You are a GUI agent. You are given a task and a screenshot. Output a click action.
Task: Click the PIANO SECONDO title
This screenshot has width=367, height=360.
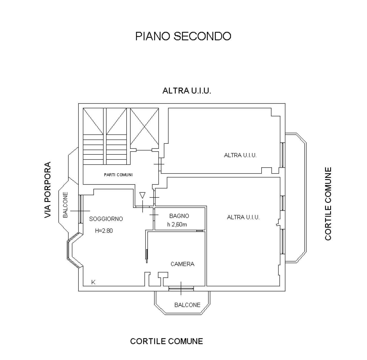coord(183,36)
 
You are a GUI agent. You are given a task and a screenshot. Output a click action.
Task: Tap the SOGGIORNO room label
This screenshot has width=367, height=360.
coord(106,219)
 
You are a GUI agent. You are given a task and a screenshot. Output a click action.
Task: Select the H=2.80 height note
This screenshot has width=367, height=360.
coord(104,231)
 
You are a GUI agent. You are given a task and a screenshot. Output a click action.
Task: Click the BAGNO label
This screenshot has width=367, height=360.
coord(179,216)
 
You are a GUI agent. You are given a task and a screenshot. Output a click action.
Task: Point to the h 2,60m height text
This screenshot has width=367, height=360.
coord(177,224)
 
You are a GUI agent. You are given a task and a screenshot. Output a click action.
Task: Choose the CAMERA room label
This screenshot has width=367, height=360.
coord(183,264)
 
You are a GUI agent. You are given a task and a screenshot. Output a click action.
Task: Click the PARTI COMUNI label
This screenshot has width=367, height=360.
coord(118,175)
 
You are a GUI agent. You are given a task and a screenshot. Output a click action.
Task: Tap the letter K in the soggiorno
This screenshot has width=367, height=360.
coord(93,282)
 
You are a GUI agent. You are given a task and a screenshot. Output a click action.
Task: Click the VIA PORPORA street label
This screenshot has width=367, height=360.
coord(48,190)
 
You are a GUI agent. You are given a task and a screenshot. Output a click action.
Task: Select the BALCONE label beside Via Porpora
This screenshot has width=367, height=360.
coord(66,205)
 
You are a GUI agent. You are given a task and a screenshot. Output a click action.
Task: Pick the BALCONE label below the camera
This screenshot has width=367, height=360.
coord(187,305)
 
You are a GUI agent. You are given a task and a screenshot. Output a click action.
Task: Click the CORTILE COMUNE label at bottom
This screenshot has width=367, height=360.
coord(166,341)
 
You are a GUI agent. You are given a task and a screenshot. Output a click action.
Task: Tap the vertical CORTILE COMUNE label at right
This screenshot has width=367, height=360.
coord(328,204)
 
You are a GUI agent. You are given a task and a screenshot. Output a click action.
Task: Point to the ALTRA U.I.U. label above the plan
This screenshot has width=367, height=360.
coord(187,91)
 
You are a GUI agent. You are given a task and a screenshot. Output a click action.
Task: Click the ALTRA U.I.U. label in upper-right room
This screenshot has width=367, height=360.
coord(240,155)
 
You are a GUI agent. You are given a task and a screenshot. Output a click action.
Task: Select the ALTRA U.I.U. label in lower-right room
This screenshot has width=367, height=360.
coord(243,217)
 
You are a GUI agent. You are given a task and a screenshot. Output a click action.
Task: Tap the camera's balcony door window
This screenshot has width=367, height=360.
coord(181,288)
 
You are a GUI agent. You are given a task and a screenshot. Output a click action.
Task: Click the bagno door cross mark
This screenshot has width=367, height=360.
coord(154,215)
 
